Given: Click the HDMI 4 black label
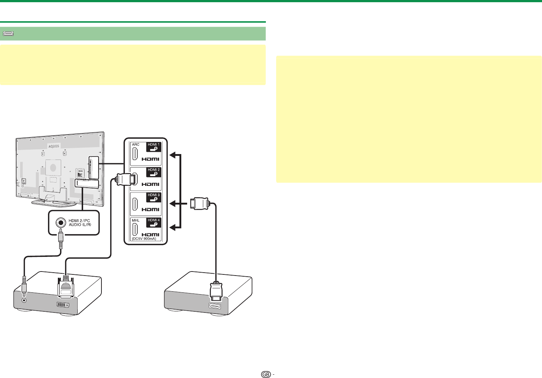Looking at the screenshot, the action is coord(154,222).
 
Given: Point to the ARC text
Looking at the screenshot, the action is coord(135,145).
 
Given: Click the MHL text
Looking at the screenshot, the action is coord(135,220).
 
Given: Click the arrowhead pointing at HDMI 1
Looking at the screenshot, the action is coord(172,155).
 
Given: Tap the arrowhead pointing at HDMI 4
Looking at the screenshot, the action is coord(172,228).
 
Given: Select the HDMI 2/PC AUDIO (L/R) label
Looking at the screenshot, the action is coord(79,222).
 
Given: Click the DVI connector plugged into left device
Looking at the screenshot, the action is coord(66,288).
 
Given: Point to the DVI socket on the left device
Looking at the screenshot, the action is coord(63,304).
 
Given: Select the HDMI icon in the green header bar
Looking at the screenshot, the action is coord(8,34).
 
